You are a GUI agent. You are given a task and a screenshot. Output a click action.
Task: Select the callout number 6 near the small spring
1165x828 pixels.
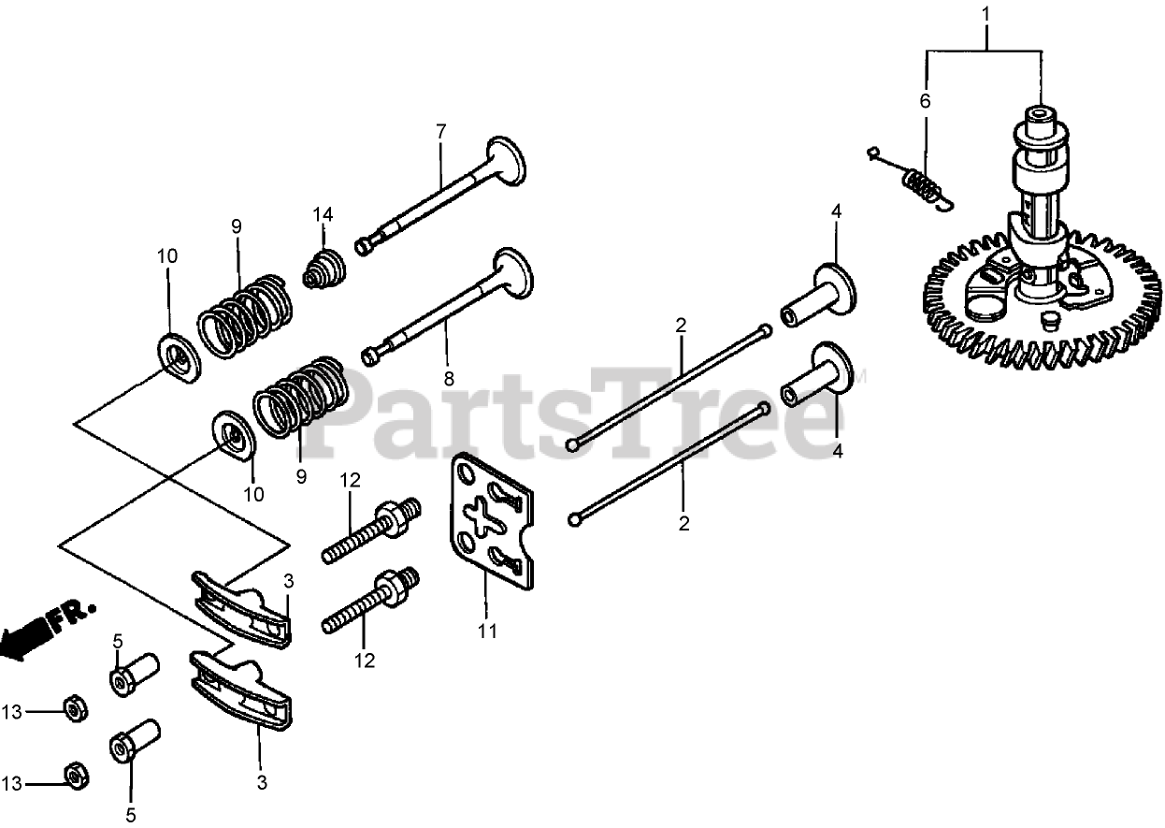click(926, 102)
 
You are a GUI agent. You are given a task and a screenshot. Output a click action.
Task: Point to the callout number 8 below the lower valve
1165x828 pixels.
click(449, 379)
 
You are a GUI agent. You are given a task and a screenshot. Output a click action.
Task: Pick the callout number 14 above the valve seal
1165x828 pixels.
click(323, 214)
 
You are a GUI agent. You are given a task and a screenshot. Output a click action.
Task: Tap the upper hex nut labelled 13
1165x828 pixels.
click(73, 710)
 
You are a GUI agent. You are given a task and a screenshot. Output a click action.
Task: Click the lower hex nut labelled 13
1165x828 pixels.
click(72, 775)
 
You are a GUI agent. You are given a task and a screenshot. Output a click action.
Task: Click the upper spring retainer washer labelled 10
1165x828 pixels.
click(177, 354)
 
